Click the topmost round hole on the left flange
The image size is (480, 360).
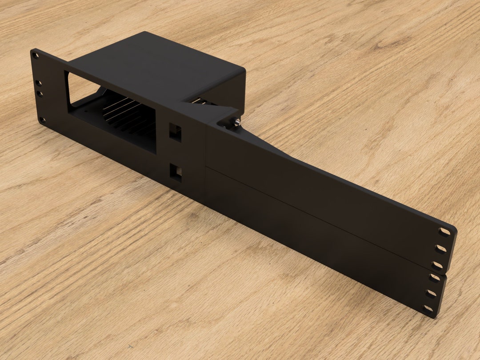[36, 56]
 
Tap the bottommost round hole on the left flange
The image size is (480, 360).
[42, 119]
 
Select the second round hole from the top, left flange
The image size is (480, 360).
[39, 83]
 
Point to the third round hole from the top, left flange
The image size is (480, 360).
[40, 94]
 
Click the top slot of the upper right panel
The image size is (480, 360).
[444, 232]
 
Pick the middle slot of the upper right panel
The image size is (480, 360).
[440, 248]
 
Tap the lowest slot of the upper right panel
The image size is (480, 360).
[437, 265]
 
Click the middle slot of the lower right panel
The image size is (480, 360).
[431, 293]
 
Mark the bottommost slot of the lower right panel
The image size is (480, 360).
[428, 308]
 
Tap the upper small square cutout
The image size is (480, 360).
[175, 132]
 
